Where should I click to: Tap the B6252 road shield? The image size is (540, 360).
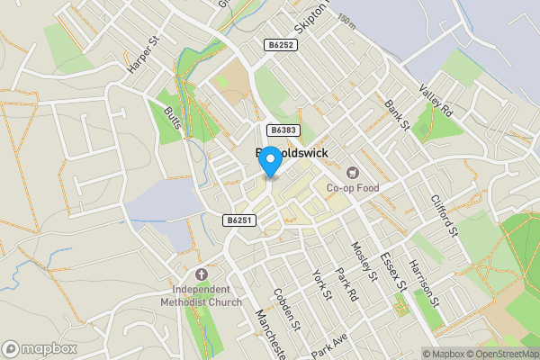tap(280, 43)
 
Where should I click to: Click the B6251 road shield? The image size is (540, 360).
tap(239, 220)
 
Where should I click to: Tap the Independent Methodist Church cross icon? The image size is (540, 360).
tap(201, 274)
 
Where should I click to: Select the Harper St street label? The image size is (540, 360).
tap(141, 54)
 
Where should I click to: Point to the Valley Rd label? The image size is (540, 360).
tap(436, 101)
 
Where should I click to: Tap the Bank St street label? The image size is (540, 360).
tap(396, 115)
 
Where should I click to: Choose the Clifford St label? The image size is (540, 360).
tap(445, 217)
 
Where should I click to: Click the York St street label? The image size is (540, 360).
tap(321, 285)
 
